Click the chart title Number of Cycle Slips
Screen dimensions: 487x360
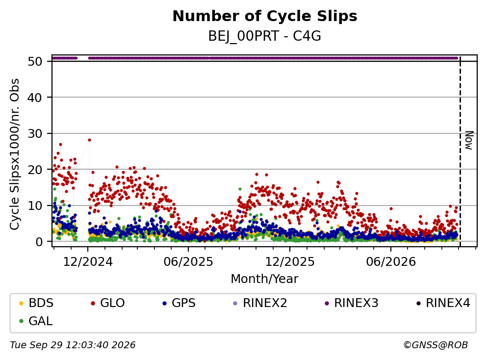265,16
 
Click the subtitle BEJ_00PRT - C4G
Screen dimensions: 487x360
265,36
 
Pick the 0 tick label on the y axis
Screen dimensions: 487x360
39,242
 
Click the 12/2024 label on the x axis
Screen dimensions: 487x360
88,262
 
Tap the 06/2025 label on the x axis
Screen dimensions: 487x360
188,262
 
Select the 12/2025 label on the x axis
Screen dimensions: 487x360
290,262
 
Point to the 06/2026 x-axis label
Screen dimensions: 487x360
391,262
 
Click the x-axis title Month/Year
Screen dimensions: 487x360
265,279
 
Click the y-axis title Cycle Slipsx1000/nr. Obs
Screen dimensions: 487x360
15,154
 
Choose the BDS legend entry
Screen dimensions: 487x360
36,303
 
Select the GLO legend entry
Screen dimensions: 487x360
108,303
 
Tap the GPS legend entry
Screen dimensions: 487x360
179,303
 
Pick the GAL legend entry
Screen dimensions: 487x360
36,321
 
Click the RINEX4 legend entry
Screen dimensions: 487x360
443,303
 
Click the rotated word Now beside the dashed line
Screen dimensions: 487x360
469,140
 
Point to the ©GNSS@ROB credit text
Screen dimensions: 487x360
436,345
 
